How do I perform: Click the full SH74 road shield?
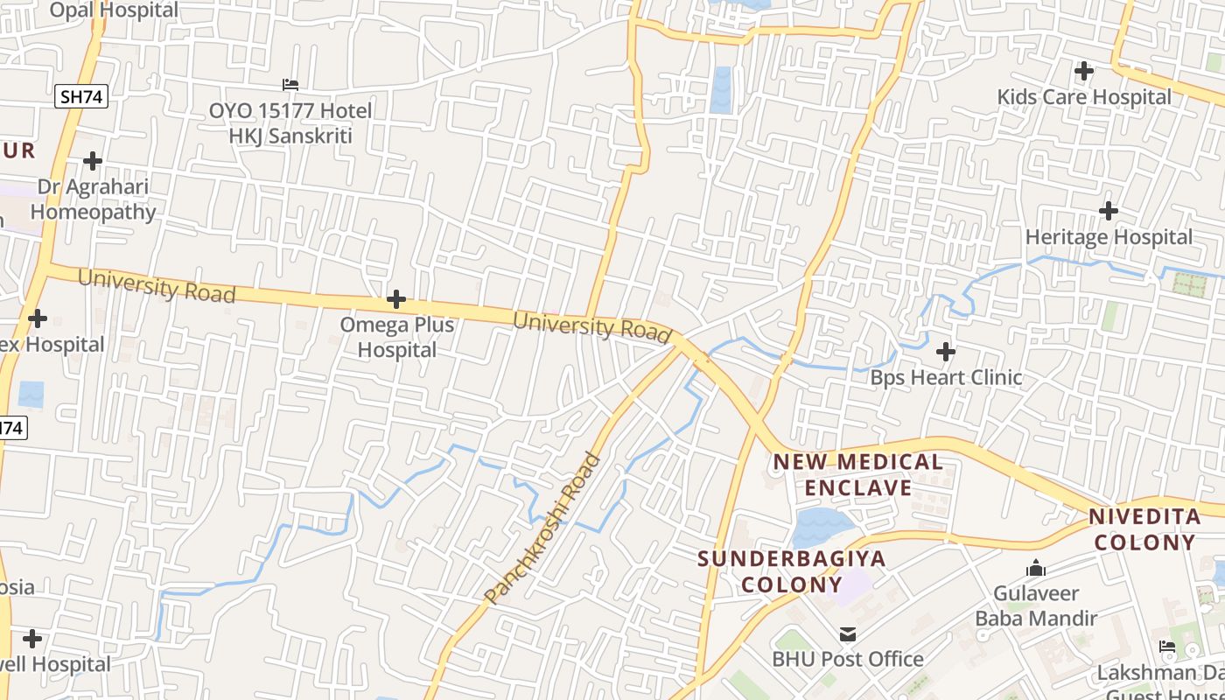point(81,96)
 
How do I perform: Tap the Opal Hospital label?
point(114,10)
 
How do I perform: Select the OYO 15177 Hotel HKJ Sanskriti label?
point(290,123)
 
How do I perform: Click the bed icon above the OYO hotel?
point(290,85)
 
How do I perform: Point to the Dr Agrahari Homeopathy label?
point(93,199)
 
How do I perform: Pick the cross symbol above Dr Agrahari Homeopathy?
point(93,161)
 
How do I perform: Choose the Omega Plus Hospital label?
point(397,337)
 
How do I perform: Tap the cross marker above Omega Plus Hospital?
point(396,300)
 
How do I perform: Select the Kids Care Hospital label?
point(1084,96)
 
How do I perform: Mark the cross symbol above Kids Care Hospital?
point(1084,70)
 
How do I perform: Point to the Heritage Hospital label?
point(1109,237)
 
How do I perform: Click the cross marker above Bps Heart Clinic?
point(946,352)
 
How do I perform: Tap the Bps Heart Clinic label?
point(946,378)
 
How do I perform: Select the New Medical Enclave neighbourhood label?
point(858,474)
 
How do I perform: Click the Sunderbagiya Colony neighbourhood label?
point(792,570)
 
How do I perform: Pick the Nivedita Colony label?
point(1144,529)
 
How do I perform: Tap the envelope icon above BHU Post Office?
point(848,634)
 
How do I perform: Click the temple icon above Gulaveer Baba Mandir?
point(1036,569)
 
